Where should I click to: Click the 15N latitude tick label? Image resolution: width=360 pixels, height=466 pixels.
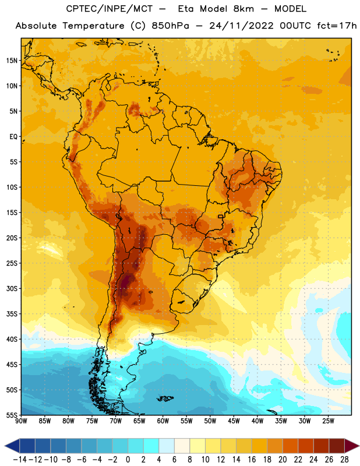point(12,61)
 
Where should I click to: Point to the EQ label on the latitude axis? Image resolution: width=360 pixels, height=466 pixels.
point(13,137)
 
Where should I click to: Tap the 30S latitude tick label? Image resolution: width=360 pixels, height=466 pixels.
point(12,288)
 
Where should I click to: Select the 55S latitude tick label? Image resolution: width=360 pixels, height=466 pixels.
point(12,415)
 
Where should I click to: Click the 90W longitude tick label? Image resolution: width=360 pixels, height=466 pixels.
point(21,421)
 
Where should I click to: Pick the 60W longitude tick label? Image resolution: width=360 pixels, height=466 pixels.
point(163,421)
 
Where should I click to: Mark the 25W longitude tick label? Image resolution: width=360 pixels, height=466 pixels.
point(328,421)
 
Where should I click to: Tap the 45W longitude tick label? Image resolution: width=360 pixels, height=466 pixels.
point(234,421)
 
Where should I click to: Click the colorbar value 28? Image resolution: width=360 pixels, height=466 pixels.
point(344,460)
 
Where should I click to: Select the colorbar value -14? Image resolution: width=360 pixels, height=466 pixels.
point(20,460)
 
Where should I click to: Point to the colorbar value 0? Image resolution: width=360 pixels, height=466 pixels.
point(128,460)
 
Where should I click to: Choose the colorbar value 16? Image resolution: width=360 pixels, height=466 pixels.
point(252,460)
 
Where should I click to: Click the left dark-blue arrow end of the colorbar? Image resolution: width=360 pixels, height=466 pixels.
point(12,446)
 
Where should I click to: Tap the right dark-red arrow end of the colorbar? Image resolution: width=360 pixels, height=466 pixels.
point(352,446)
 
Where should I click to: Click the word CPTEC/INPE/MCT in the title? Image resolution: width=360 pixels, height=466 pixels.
point(110,9)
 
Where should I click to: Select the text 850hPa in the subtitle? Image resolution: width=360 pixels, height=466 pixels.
point(170,26)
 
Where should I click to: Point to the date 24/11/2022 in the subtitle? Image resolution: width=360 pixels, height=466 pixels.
point(241,26)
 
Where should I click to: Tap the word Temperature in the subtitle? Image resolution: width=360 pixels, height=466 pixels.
point(93,26)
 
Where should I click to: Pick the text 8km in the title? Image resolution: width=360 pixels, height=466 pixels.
point(243,9)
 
